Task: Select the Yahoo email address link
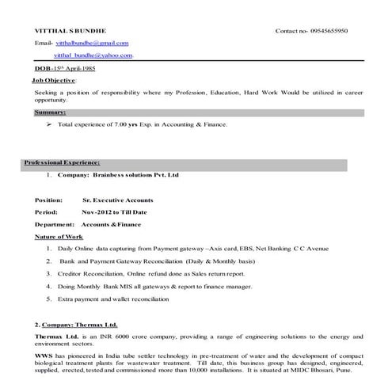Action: point(93,56)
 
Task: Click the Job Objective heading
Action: point(54,81)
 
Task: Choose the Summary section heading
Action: point(50,112)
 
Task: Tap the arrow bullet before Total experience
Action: point(49,124)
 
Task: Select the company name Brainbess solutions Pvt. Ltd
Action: point(135,174)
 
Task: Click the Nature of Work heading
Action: point(59,237)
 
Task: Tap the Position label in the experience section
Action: point(49,200)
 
